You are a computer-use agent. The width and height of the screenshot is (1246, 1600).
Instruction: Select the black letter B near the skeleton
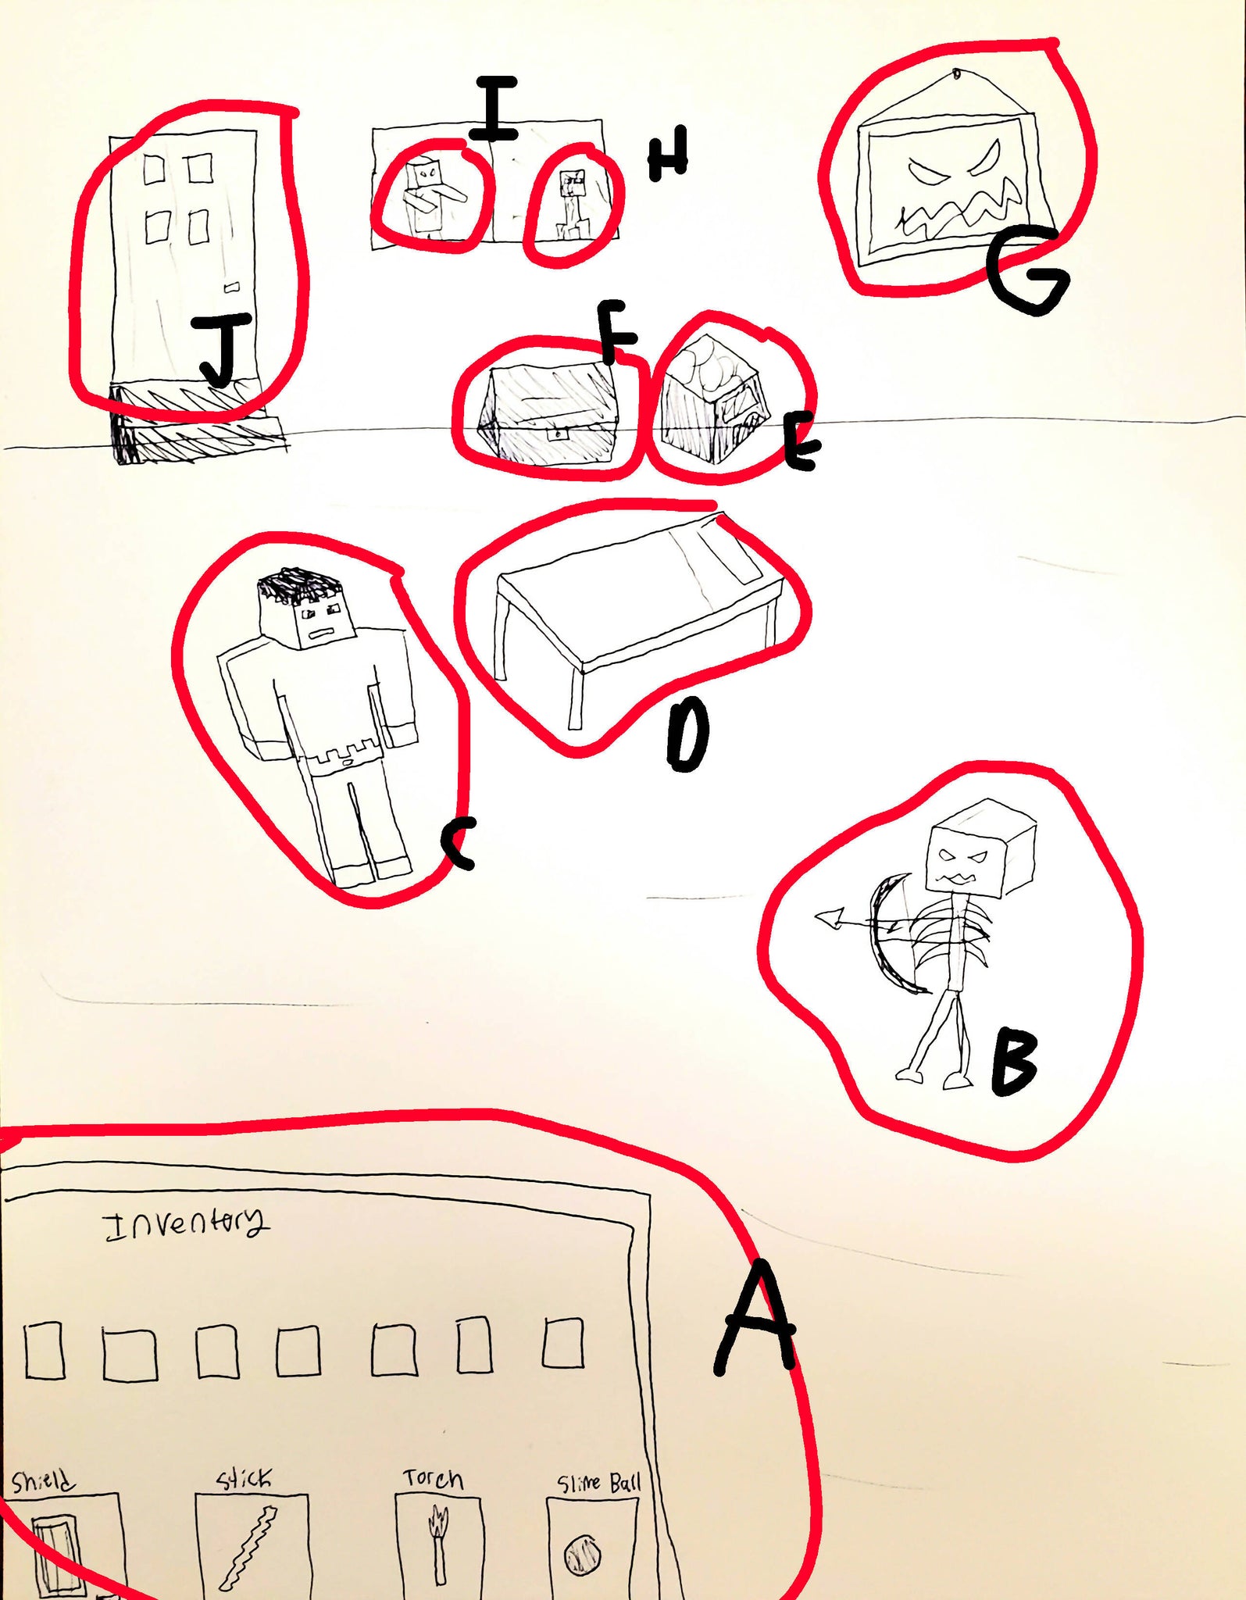(1013, 1062)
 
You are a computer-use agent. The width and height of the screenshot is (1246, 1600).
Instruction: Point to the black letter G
(1026, 274)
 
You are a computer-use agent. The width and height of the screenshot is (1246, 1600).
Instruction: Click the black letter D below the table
(687, 734)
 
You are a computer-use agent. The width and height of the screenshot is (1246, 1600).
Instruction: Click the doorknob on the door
(231, 287)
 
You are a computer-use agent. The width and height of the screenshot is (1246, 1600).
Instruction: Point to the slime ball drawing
(582, 1554)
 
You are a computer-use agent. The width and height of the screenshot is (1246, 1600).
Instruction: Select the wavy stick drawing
(248, 1550)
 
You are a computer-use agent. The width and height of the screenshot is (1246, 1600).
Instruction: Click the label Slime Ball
(598, 1483)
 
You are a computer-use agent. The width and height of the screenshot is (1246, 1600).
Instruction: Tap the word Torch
(434, 1479)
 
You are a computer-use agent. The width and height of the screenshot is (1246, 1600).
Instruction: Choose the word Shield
(45, 1481)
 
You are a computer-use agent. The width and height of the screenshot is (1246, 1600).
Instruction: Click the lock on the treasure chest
(555, 433)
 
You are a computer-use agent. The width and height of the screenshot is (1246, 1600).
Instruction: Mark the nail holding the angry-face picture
(956, 75)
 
